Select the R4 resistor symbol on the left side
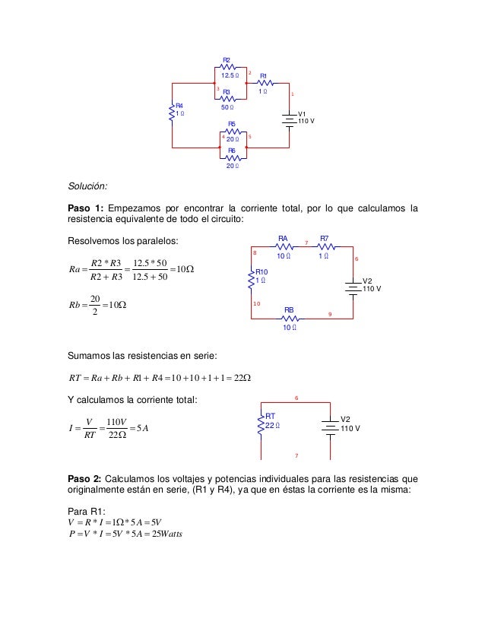(x=172, y=113)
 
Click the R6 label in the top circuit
(x=232, y=151)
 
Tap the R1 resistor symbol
(x=264, y=83)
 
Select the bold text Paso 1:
(x=86, y=208)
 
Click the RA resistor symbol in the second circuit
(x=284, y=246)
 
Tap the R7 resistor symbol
(x=325, y=246)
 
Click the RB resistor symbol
(x=290, y=316)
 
